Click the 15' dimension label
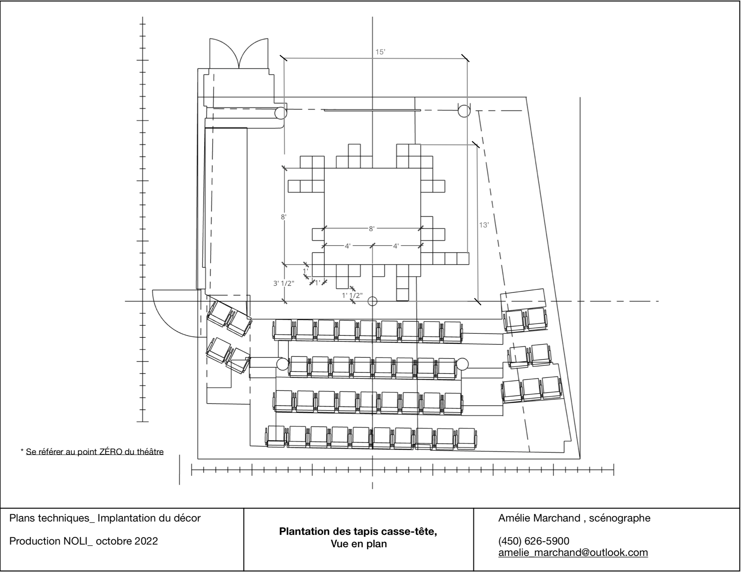(380, 52)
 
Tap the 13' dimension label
(484, 225)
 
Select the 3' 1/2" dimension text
(284, 283)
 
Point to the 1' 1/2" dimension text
(352, 295)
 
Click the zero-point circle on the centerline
(373, 301)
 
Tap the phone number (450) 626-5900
(534, 541)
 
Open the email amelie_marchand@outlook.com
(573, 552)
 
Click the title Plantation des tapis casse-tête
(358, 531)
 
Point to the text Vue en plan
(358, 544)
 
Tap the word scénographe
(620, 518)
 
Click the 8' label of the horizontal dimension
(372, 229)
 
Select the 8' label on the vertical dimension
(284, 217)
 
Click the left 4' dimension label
(347, 246)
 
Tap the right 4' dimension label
(396, 246)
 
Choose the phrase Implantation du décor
(149, 518)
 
